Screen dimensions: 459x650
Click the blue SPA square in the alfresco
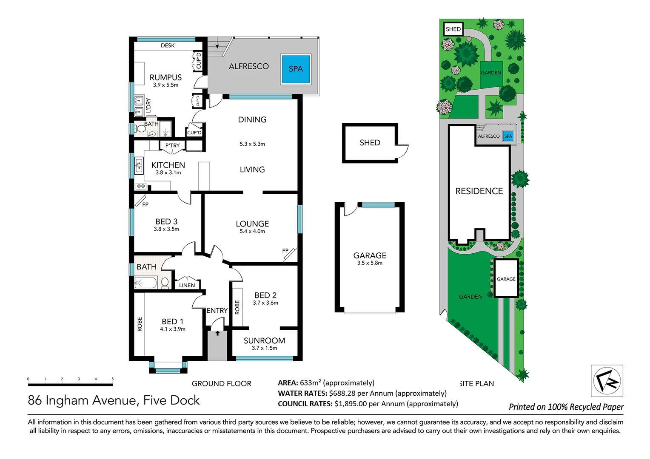click(x=296, y=69)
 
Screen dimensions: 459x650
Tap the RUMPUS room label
click(x=165, y=77)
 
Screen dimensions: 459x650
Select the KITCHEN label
click(x=168, y=165)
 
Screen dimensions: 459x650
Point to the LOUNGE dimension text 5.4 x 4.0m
click(x=252, y=231)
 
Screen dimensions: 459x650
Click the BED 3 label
click(x=166, y=221)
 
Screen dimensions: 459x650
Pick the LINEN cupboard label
click(x=187, y=285)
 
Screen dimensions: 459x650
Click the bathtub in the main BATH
click(x=145, y=282)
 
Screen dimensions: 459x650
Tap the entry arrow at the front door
click(x=217, y=333)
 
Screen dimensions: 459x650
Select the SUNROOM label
click(x=264, y=340)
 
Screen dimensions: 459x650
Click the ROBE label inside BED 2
click(x=237, y=307)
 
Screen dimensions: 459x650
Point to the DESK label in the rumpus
click(x=168, y=45)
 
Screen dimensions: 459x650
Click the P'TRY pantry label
click(x=172, y=145)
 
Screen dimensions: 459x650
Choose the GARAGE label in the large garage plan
click(x=370, y=255)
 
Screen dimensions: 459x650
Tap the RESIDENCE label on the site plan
click(x=479, y=191)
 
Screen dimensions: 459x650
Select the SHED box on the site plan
click(x=453, y=29)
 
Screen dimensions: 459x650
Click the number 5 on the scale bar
click(x=113, y=379)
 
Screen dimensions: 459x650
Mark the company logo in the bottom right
click(x=607, y=381)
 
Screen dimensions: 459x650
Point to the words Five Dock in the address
click(x=171, y=400)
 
